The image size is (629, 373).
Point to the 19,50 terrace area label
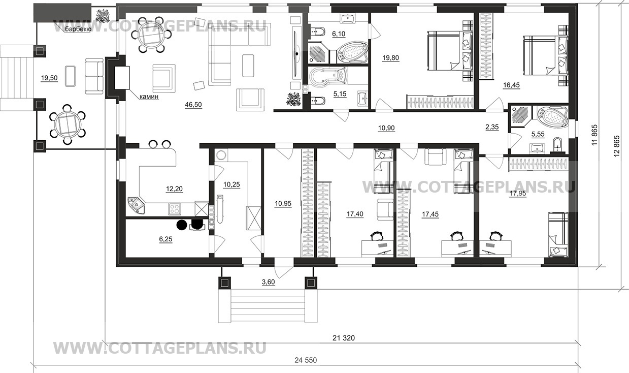click(50, 78)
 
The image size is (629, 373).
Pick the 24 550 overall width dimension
click(305, 360)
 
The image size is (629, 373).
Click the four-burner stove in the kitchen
click(175, 208)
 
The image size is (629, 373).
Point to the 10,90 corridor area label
click(386, 128)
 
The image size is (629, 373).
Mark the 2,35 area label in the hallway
click(491, 128)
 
